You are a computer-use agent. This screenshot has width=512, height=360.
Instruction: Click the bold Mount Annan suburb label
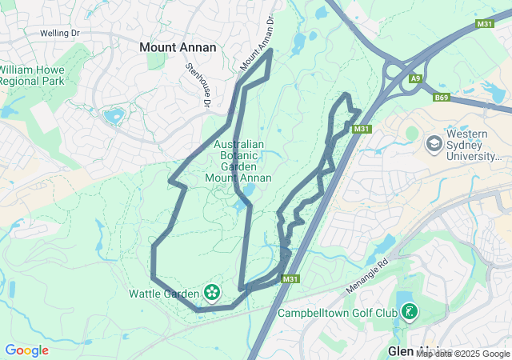click(178, 47)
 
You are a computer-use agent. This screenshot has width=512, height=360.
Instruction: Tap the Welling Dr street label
click(59, 34)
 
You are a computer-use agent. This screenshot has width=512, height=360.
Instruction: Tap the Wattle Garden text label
click(164, 294)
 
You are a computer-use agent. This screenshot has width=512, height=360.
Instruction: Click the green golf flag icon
click(409, 311)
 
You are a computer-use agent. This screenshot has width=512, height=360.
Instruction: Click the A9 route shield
click(416, 78)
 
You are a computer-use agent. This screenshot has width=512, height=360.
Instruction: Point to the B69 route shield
click(442, 98)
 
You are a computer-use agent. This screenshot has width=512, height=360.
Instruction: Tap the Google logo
click(27, 350)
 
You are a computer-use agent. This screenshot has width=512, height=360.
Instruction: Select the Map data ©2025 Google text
click(462, 354)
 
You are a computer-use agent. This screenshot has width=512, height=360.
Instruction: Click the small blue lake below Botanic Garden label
click(248, 191)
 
